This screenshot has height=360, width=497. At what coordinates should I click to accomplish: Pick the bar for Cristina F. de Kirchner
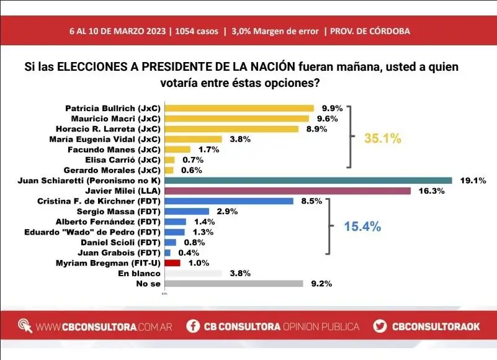(x=229, y=200)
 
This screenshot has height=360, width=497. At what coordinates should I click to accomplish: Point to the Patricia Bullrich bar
(x=240, y=108)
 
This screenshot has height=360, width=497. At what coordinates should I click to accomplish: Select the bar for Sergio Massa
(x=187, y=211)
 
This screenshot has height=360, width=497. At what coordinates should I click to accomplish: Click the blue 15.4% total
(x=362, y=227)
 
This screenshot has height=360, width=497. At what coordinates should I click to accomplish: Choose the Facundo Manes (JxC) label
(x=117, y=149)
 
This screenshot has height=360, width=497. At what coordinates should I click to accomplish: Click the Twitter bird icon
(x=380, y=326)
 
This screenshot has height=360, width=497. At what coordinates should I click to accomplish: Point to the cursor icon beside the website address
(x=25, y=325)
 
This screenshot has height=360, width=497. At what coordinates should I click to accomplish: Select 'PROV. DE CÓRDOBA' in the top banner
(x=370, y=31)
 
